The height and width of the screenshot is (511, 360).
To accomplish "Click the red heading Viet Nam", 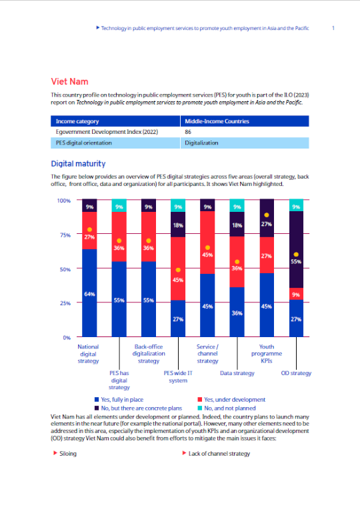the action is [69, 81].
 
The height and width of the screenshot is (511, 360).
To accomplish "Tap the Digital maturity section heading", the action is [78, 164].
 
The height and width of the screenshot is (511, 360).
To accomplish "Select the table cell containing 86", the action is [245, 132].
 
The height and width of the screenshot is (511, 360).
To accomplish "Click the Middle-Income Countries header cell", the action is [245, 121].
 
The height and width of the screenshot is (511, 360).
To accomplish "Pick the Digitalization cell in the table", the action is [245, 143].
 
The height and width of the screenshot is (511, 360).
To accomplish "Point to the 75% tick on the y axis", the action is [65, 235].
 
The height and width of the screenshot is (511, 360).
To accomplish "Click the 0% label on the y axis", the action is [67, 338].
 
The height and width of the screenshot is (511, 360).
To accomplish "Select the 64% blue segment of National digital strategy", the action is [89, 292].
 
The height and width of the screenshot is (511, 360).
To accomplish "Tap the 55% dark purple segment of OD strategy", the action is [296, 250].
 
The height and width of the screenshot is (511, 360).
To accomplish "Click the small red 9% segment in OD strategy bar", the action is [296, 294].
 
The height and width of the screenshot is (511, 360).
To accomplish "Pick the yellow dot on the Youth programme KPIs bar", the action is [267, 215].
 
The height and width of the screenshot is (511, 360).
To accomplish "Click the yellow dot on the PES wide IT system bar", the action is [178, 270].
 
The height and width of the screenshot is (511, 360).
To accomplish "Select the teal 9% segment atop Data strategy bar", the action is [237, 206].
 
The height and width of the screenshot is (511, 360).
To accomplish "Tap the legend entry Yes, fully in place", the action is [119, 400].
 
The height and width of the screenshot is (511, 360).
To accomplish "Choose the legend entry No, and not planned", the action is [227, 408].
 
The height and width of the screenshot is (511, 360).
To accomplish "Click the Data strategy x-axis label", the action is [237, 373].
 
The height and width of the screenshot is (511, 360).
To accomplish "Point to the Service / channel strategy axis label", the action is [207, 354].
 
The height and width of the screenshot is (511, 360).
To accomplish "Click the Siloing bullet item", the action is [65, 453].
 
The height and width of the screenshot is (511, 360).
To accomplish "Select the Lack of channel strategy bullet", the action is [216, 453].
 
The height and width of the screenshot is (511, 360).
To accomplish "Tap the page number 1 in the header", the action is [333, 28].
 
